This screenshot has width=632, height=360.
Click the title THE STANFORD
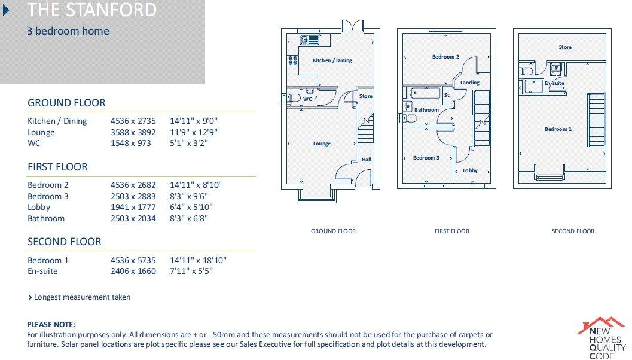(92, 10)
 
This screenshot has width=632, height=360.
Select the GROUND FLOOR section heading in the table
(66, 103)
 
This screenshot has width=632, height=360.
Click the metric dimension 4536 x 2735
(133, 121)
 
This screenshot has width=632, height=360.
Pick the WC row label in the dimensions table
(34, 144)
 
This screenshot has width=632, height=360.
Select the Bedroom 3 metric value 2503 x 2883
(133, 196)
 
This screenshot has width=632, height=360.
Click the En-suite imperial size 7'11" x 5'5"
(191, 271)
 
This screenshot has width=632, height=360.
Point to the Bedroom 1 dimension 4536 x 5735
(133, 260)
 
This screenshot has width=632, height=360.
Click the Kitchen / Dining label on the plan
(332, 60)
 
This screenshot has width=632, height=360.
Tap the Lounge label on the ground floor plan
(322, 144)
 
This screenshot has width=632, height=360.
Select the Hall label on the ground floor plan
(366, 160)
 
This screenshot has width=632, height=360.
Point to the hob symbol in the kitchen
(293, 60)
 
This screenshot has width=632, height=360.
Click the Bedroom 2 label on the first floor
(445, 57)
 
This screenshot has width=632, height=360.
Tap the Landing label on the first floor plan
(470, 83)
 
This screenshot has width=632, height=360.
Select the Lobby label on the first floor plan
(470, 170)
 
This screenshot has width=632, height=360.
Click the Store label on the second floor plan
(565, 47)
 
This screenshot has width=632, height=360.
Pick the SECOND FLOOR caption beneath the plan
(573, 231)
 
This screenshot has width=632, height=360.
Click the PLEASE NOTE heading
(51, 324)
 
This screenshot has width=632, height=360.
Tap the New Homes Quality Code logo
(601, 338)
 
